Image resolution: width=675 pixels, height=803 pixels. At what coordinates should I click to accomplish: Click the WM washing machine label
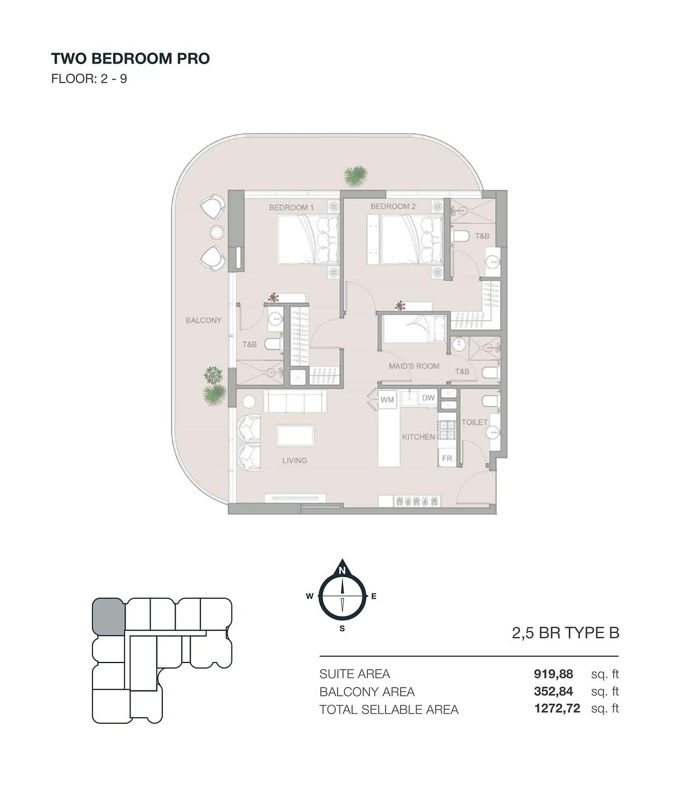(387, 400)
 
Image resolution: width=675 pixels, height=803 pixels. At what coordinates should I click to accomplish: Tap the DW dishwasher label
(428, 398)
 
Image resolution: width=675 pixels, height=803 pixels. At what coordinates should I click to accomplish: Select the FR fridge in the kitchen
(447, 458)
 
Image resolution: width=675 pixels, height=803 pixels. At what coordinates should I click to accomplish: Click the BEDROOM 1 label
(291, 207)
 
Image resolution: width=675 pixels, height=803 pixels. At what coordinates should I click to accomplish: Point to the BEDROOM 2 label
(393, 206)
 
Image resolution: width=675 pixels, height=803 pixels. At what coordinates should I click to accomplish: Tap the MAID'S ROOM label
(414, 366)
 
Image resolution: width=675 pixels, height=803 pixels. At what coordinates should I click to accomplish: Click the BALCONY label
(204, 320)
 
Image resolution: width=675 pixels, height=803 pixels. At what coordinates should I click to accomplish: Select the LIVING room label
(295, 461)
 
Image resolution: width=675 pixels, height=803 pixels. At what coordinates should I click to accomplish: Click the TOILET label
(475, 422)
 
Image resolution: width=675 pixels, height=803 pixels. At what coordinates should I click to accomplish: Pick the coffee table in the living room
(295, 436)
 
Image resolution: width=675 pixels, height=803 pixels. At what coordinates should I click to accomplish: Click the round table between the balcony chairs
(216, 233)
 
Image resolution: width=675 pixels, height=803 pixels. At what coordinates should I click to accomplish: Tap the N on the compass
(342, 571)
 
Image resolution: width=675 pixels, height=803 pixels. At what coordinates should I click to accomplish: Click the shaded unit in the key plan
(109, 616)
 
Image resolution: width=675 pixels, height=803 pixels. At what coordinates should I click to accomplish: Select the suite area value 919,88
(553, 674)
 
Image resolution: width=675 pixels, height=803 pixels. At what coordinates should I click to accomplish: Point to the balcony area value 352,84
(553, 691)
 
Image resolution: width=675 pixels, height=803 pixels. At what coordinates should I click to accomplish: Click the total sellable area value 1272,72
(557, 708)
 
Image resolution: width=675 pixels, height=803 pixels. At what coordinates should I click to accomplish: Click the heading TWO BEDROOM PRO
(131, 59)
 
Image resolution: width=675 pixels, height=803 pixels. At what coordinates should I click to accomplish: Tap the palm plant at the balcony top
(355, 176)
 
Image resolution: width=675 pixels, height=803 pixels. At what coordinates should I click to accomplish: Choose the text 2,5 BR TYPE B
(565, 633)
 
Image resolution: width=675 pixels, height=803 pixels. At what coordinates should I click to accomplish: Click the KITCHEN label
(419, 437)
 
